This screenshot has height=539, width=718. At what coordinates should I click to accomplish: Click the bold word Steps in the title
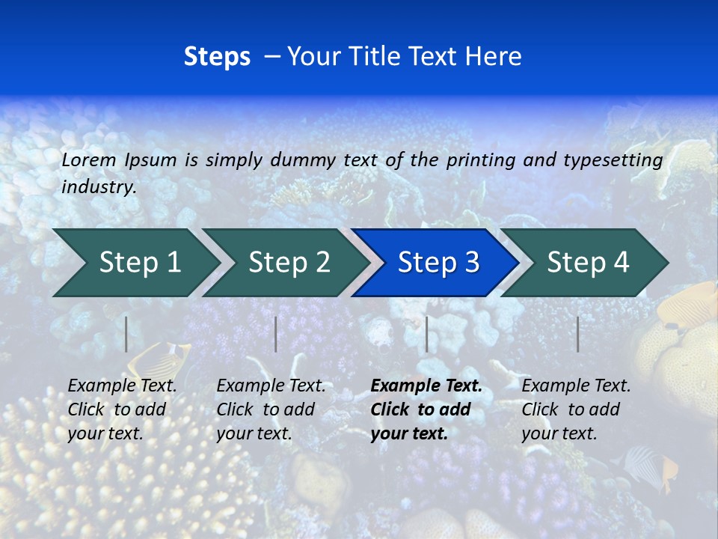(x=217, y=57)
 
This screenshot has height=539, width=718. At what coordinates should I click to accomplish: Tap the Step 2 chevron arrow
(x=284, y=263)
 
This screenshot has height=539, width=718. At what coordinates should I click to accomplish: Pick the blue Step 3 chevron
(x=435, y=263)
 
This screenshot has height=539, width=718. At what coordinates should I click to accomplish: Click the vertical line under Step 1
(x=126, y=334)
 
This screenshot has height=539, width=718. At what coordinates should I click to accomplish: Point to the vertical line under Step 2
(x=276, y=334)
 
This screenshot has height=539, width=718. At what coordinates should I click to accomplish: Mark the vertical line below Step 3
(x=426, y=334)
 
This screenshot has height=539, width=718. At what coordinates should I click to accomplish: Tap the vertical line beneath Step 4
(x=577, y=334)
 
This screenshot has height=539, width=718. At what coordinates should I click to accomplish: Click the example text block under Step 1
(x=122, y=409)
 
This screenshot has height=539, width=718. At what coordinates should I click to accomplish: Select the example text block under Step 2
(x=271, y=409)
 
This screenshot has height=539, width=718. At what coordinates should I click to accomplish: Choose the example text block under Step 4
(x=576, y=409)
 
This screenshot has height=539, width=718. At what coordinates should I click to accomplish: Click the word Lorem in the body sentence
(x=89, y=159)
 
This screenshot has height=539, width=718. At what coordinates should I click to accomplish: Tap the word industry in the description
(x=99, y=187)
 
